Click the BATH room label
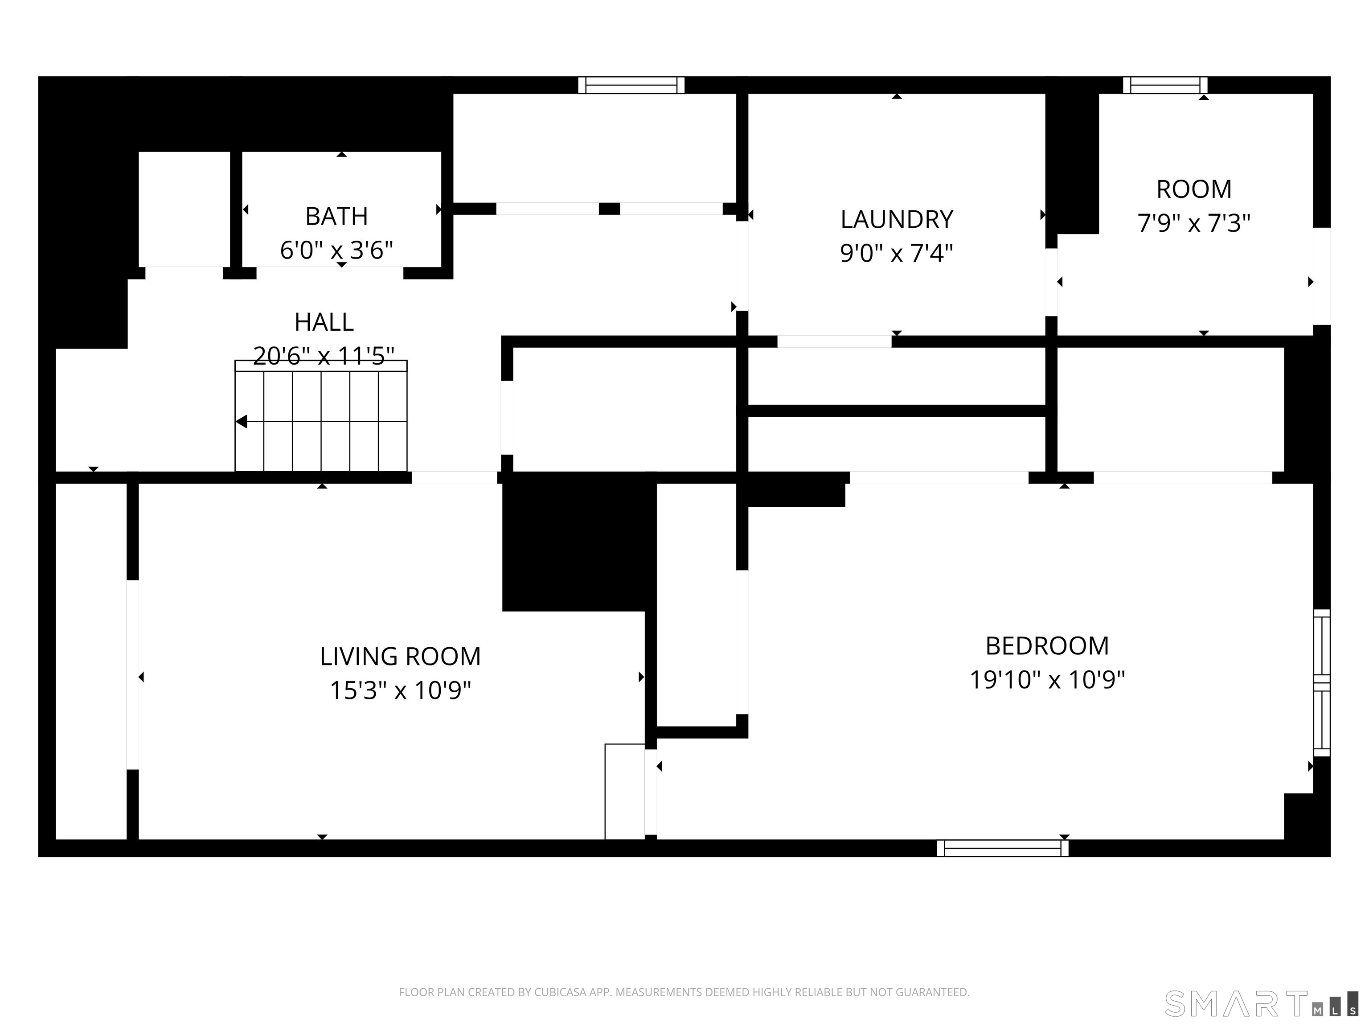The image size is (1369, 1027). coord(337,216)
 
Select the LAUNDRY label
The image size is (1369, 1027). coord(897,219)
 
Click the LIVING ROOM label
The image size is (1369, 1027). coord(401,656)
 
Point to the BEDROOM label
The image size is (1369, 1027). coord(1047,646)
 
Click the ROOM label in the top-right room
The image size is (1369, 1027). coord(1194,189)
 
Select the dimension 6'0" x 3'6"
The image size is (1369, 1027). coord(337,250)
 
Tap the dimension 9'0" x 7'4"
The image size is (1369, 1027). coord(897,253)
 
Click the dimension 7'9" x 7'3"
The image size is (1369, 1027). coord(1194,223)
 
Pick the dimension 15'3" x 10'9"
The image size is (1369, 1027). coord(401,690)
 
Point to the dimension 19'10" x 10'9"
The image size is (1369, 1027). coord(1047,680)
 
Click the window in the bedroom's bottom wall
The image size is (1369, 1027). coord(1003,848)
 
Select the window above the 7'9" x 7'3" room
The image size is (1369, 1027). coord(1165,85)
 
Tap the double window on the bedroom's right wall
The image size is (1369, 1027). coord(1322,683)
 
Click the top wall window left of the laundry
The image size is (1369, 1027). coord(631,85)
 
